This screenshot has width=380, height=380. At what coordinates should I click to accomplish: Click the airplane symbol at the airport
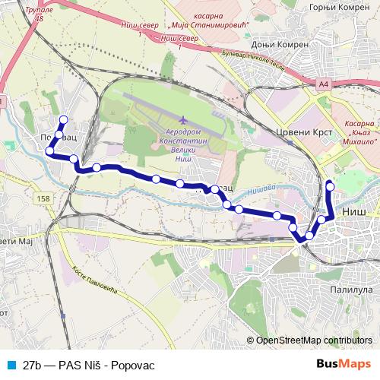coord(183,120)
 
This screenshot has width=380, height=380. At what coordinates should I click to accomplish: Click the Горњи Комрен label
coord(338,7)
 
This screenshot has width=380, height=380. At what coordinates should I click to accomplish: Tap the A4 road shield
coord(326,84)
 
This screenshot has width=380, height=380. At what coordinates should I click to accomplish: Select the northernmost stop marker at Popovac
coord(63,119)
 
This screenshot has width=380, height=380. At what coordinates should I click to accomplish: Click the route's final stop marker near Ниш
coord(329,185)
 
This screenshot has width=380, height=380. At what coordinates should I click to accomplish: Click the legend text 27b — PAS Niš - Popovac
coord(89,366)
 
